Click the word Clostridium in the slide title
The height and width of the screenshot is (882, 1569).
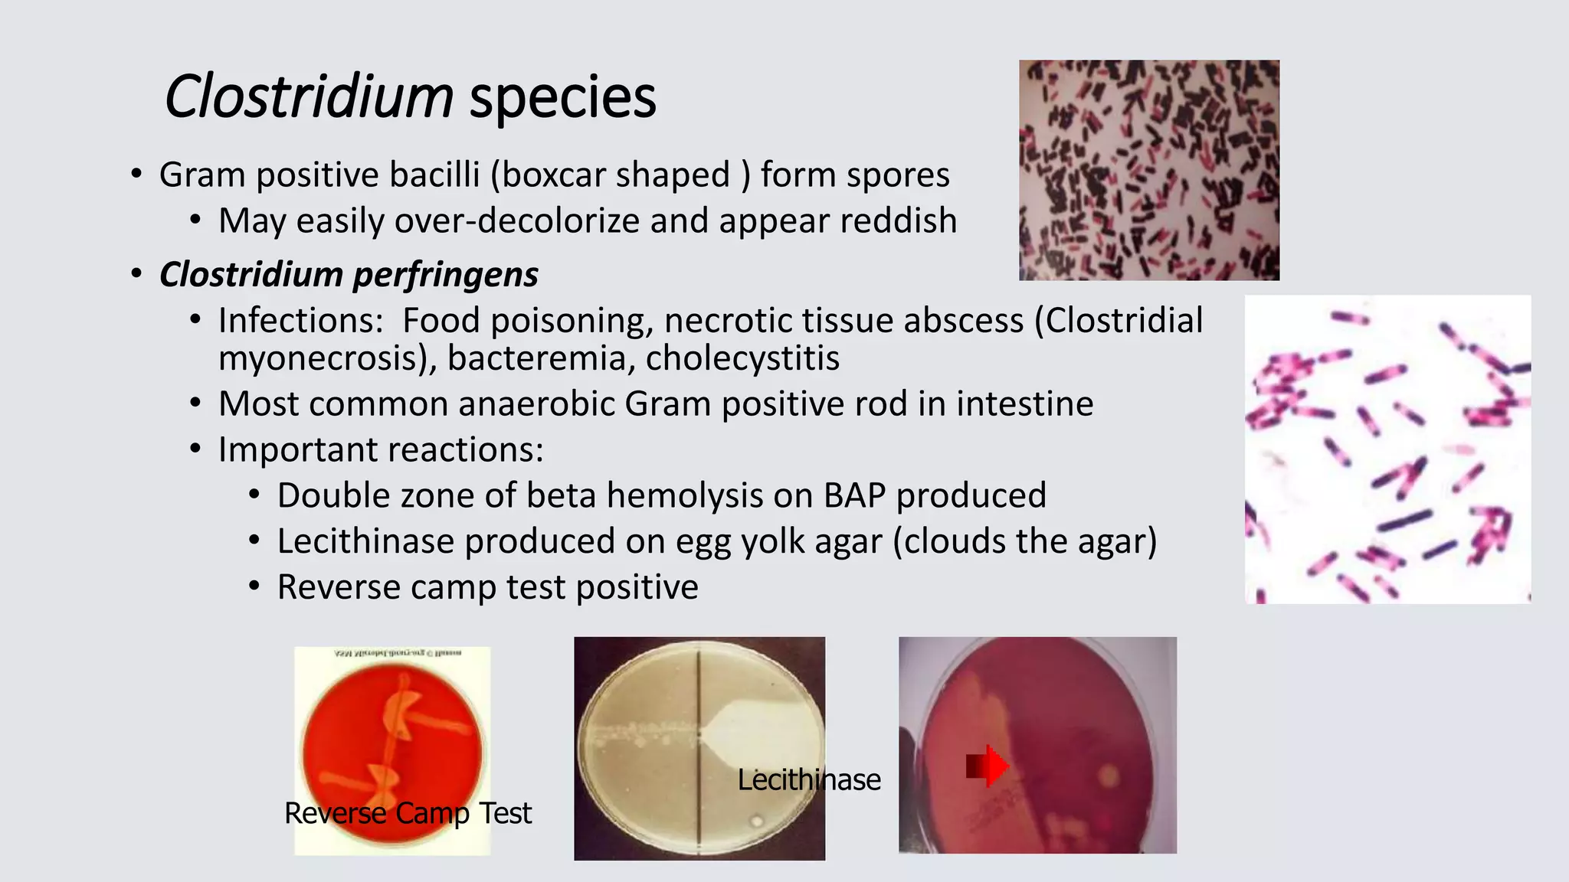[x=309, y=96]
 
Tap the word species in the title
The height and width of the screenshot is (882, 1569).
[x=562, y=98]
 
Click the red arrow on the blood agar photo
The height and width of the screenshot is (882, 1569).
[x=988, y=766]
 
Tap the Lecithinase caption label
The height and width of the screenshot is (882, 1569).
[x=809, y=780]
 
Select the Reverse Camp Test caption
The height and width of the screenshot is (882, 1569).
[x=408, y=813]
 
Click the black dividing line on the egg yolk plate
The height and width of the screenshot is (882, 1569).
[x=699, y=766]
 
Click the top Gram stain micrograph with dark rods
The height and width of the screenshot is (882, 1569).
[x=1148, y=170]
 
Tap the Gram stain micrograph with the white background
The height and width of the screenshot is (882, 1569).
[x=1387, y=449]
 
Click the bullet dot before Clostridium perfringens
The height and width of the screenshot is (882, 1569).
[x=136, y=274]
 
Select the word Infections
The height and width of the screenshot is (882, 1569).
[x=300, y=320]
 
